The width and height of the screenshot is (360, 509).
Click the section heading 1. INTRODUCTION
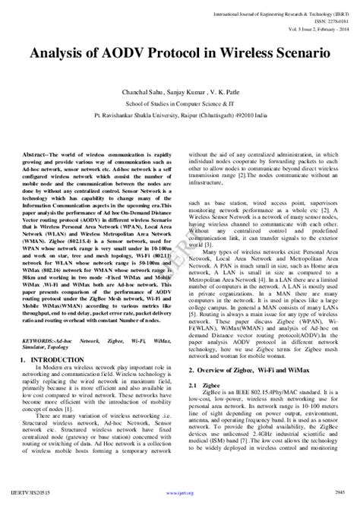[x=54, y=337]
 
